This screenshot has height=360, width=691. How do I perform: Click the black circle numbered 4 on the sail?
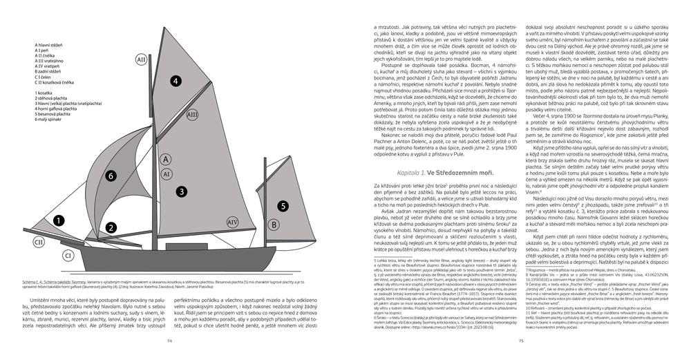(x=176, y=82)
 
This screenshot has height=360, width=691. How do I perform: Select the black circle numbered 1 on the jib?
(x=59, y=220)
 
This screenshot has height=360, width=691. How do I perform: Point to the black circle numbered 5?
(x=283, y=205)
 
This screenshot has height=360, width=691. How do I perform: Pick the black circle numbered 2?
(x=109, y=227)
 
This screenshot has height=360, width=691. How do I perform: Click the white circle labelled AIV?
(x=232, y=222)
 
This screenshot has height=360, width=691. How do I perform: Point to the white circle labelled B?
(x=273, y=225)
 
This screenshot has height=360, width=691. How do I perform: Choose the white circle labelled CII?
(x=39, y=243)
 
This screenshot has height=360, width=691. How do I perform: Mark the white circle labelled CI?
(x=69, y=256)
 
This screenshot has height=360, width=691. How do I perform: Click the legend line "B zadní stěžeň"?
(x=53, y=70)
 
